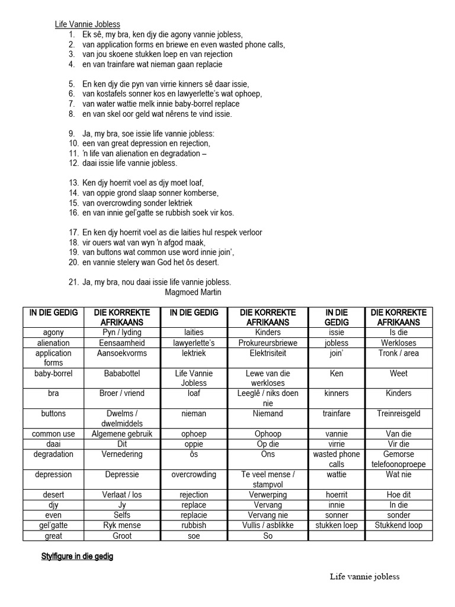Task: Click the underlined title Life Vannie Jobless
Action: tap(88, 24)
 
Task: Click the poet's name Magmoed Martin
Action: tap(194, 292)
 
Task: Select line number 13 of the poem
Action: tap(74, 183)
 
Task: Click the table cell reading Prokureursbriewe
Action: tap(268, 343)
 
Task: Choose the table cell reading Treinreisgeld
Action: tap(399, 414)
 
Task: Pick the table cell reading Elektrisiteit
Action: tap(268, 353)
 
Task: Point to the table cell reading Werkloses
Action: tap(399, 343)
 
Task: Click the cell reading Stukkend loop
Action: tap(399, 525)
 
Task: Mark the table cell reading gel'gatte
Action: tap(53, 525)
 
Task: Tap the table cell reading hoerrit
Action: tap(337, 495)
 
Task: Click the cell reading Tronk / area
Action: tap(399, 353)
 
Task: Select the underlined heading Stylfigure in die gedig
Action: tap(77, 557)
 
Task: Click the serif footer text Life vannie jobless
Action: tap(365, 576)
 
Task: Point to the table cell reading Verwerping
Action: tap(268, 495)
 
